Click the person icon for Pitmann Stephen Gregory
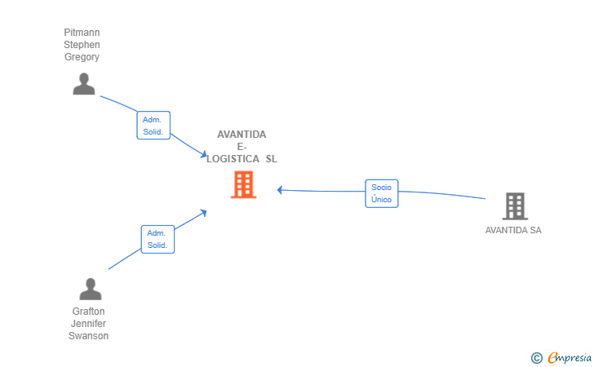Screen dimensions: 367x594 coord(83,84)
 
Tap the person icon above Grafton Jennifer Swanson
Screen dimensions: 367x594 coord(90,289)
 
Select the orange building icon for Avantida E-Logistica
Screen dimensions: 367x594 coord(243,185)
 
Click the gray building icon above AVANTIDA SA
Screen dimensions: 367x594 coord(514,206)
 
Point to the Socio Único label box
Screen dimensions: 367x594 coord(381,193)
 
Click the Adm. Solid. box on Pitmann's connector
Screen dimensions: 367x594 coord(153,126)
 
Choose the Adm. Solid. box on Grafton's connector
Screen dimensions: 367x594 coord(157,239)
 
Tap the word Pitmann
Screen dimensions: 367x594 coord(82,33)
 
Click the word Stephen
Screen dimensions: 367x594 coord(82,45)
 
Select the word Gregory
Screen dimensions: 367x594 coord(82,57)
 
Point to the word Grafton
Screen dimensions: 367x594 coord(88,312)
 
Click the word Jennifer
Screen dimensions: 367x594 coord(88,324)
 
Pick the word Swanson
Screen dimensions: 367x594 coord(88,336)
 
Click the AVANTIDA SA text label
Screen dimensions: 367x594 coord(513,230)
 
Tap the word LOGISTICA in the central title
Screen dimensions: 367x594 coord(232,159)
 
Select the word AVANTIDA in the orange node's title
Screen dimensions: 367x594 coord(242,135)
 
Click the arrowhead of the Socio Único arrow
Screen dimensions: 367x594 coord(280,190)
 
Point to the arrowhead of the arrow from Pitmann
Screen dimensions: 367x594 coord(204,155)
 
